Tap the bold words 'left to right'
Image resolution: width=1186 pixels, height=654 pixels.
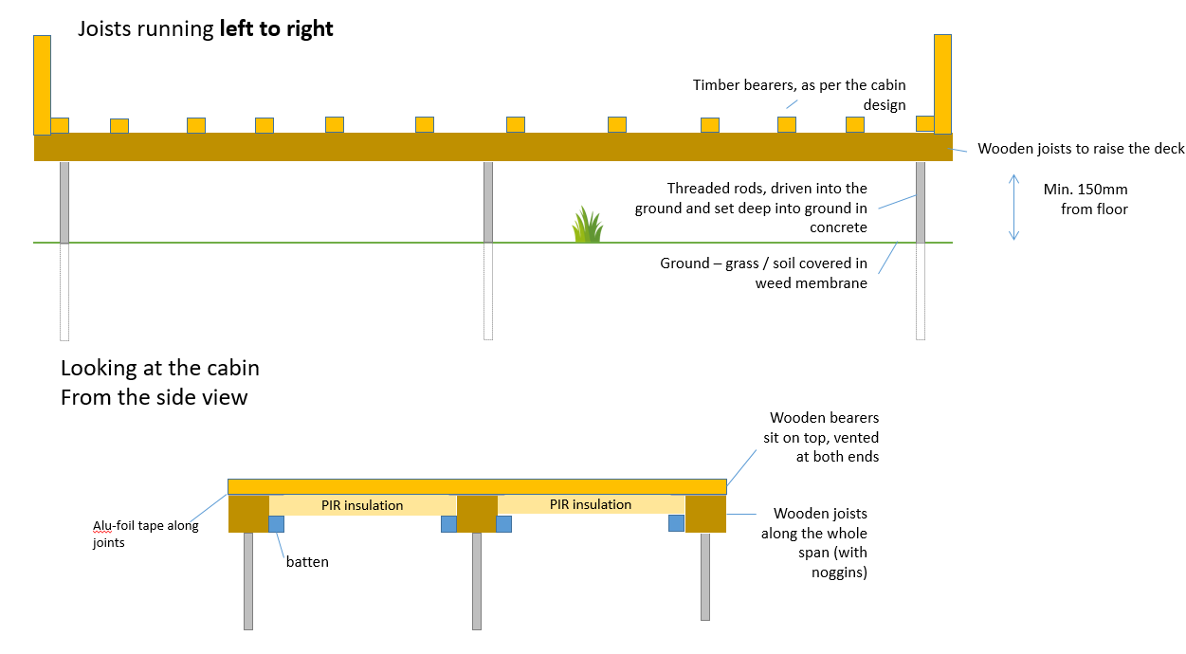click(276, 29)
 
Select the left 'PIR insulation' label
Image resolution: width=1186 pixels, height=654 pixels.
click(362, 505)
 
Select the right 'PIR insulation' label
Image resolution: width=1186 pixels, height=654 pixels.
click(591, 504)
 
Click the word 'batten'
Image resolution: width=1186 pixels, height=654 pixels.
click(307, 562)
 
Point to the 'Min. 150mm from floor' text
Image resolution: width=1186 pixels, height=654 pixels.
click(1086, 199)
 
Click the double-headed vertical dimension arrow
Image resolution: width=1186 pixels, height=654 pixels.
click(1013, 207)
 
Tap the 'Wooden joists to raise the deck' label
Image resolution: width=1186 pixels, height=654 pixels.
click(1081, 149)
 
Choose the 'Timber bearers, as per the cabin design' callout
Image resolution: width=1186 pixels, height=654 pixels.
click(799, 95)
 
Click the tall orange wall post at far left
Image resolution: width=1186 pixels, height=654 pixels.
click(42, 85)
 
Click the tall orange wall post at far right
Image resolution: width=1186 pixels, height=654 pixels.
click(942, 85)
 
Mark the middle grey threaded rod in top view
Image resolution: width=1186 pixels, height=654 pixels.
click(488, 202)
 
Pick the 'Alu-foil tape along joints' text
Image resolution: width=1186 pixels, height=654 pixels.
click(145, 535)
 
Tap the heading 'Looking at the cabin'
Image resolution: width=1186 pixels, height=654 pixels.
click(160, 368)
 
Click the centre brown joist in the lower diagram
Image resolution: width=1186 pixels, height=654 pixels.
click(477, 513)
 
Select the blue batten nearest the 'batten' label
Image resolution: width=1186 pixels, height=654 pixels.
click(277, 523)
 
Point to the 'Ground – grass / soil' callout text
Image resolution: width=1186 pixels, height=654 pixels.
click(763, 273)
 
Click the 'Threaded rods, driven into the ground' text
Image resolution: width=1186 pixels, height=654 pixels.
click(751, 208)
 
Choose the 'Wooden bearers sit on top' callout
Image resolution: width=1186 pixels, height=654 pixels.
click(824, 436)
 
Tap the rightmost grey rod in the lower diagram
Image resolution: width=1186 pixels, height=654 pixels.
click(705, 576)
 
